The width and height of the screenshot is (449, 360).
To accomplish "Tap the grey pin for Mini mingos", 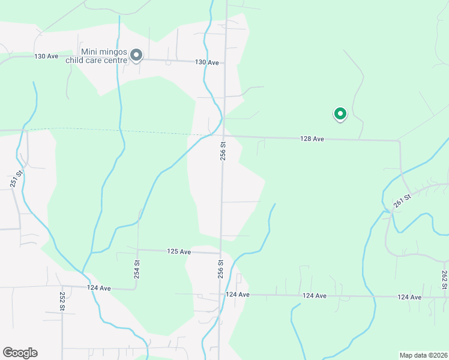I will pos(136,56).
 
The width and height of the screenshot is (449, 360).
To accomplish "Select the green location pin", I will pos(340,113).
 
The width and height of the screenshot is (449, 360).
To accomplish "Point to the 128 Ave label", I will pos(312,139).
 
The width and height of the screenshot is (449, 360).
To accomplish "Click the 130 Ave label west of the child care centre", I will pos(46,56).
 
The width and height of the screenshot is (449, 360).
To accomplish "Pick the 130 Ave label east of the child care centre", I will pos(206,62).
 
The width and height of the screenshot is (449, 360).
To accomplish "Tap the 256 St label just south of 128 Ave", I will pos(223,151).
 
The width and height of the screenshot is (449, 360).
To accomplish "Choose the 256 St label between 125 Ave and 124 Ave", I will pos(221,268).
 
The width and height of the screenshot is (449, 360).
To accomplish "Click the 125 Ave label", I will pos(179,251).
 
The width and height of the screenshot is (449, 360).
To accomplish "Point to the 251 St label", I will pos(19,179).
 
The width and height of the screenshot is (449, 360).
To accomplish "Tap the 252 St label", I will pos(62,300).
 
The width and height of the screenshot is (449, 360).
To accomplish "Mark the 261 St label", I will pos(402,201).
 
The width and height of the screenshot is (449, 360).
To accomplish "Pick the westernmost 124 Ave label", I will pos(98,288).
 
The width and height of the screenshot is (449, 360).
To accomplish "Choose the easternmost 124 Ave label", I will pos(409,297).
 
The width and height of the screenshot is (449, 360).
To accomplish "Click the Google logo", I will pos(20,353).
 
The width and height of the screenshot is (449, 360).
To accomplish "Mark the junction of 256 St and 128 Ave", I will pos(224,136).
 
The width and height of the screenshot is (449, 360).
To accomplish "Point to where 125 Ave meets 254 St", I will pos(138,250).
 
